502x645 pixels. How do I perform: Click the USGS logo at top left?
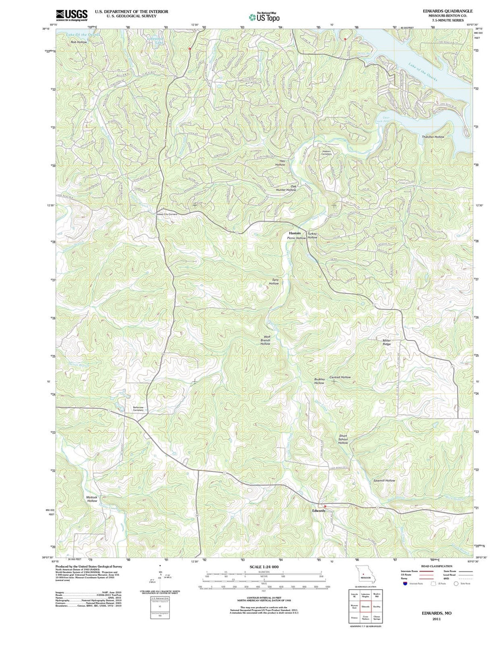pyautogui.click(x=72, y=15)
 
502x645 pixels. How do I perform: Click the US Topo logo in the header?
pyautogui.click(x=264, y=17)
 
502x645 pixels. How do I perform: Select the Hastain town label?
pyautogui.click(x=295, y=233)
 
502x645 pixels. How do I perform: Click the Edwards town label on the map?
pyautogui.click(x=318, y=511)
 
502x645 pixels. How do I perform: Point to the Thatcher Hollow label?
pyautogui.click(x=433, y=137)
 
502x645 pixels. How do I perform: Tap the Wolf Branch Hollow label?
pyautogui.click(x=265, y=340)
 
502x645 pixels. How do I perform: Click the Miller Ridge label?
pyautogui.click(x=387, y=342)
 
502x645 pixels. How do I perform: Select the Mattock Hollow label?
pyautogui.click(x=92, y=499)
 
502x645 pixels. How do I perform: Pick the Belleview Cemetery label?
pyautogui.click(x=138, y=409)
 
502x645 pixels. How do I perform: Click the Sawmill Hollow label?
pyautogui.click(x=384, y=480)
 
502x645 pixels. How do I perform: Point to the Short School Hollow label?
pyautogui.click(x=343, y=439)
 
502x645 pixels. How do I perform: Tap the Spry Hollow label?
pyautogui.click(x=274, y=281)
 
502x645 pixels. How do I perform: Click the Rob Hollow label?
pyautogui.click(x=79, y=42)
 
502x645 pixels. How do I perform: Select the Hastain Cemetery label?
pyautogui.click(x=327, y=153)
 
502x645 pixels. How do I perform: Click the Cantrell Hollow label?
pyautogui.click(x=340, y=377)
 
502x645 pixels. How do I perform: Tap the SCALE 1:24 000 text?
pyautogui.click(x=264, y=567)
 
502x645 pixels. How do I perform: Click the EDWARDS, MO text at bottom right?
pyautogui.click(x=436, y=613)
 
